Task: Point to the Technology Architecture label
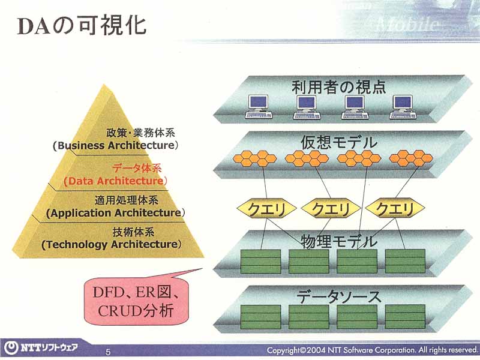(x=111, y=244)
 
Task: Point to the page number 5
(x=108, y=351)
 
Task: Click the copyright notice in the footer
(x=371, y=350)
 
